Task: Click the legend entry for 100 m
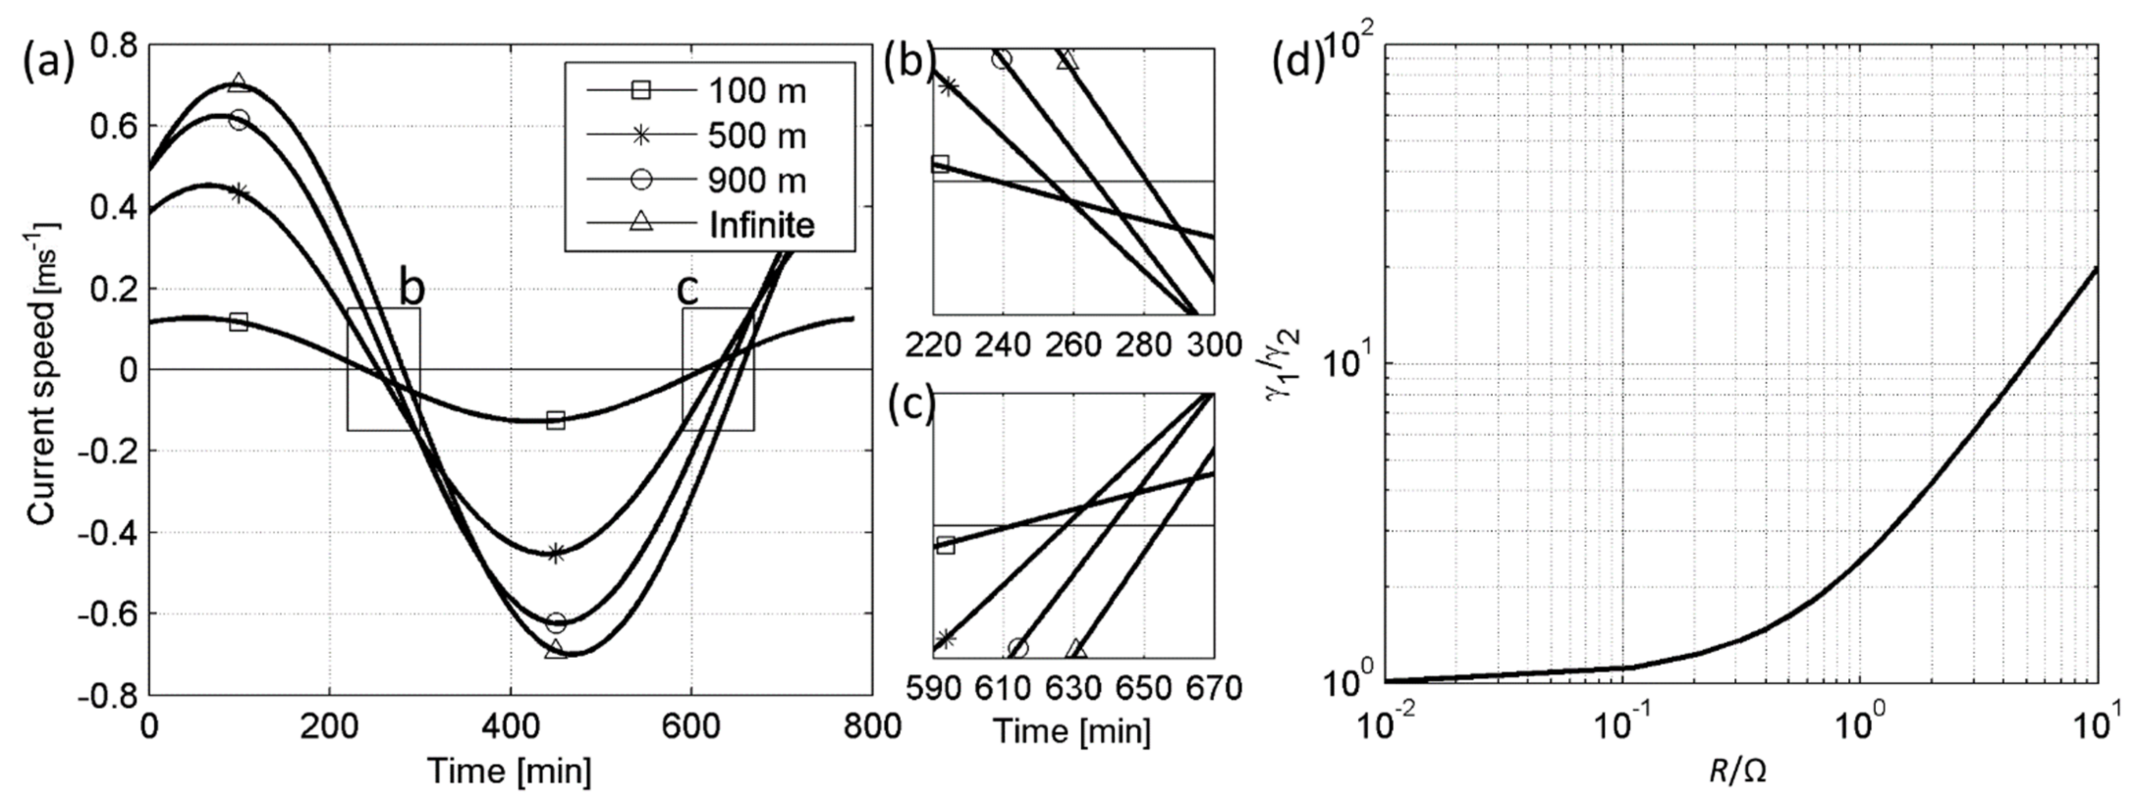pos(755,90)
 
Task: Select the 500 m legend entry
pos(755,135)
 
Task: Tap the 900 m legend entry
pos(755,180)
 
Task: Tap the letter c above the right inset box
pos(688,290)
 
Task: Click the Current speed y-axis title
pos(41,374)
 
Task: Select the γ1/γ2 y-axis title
pos(1284,365)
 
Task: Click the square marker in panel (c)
pos(945,545)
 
